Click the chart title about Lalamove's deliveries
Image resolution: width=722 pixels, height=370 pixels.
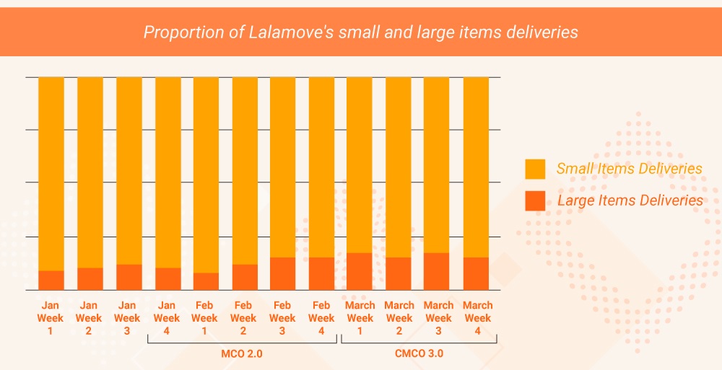[x=360, y=32]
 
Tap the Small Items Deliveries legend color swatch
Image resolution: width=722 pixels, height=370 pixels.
[x=535, y=169]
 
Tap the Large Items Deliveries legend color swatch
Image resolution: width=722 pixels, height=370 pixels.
[x=535, y=201]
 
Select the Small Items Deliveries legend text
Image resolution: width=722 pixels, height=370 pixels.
[x=629, y=169]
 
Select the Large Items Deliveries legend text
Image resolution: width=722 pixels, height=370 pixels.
[x=630, y=201]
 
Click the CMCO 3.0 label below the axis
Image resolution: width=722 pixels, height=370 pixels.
[x=419, y=353]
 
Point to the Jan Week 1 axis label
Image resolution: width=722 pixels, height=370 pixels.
[x=51, y=317]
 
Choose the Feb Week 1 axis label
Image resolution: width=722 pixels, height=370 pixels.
[x=205, y=317]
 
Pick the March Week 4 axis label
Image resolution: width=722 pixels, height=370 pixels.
[x=477, y=317]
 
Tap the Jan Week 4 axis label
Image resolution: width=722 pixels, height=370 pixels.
[x=167, y=317]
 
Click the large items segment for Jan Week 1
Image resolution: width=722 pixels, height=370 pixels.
[x=51, y=280]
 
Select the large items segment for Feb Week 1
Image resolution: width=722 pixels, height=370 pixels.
[x=205, y=281]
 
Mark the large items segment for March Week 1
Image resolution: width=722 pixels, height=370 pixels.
[x=360, y=271]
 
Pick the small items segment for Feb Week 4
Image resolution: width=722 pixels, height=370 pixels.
[x=321, y=166]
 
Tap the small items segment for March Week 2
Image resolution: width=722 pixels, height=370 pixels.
[x=398, y=166]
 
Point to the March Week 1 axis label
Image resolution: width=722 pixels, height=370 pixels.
[x=360, y=317]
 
